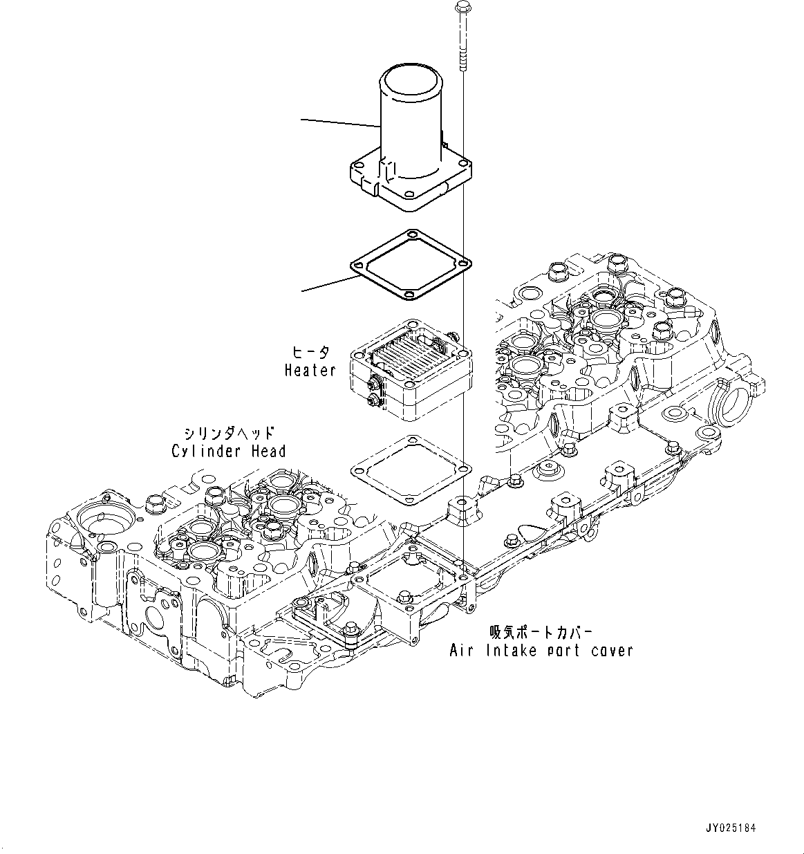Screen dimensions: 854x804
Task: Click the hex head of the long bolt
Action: (460, 8)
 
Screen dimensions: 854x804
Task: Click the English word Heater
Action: (310, 370)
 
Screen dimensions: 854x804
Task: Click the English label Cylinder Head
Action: (228, 452)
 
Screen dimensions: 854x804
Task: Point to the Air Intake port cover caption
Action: (541, 650)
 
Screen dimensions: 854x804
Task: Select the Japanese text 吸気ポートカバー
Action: (541, 632)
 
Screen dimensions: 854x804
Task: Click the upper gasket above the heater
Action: (411, 266)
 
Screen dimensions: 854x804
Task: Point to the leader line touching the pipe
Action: (339, 123)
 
